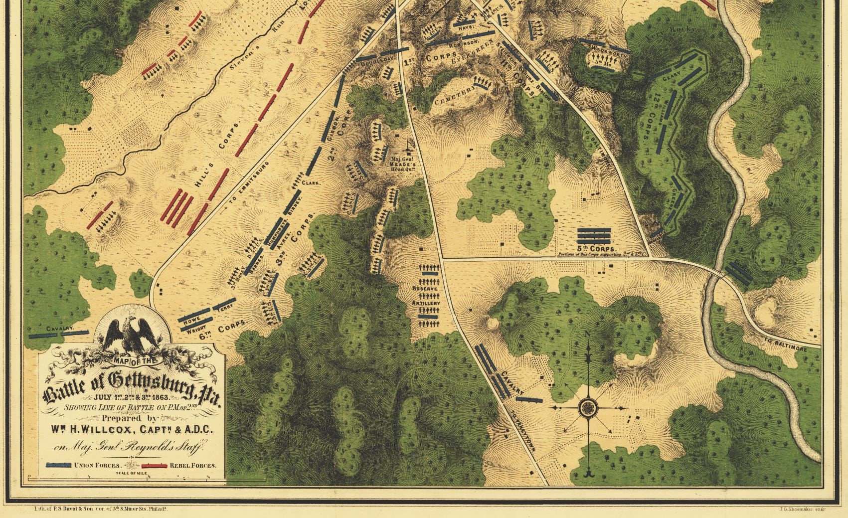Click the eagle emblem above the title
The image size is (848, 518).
point(132,334)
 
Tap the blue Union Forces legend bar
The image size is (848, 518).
point(58,465)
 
